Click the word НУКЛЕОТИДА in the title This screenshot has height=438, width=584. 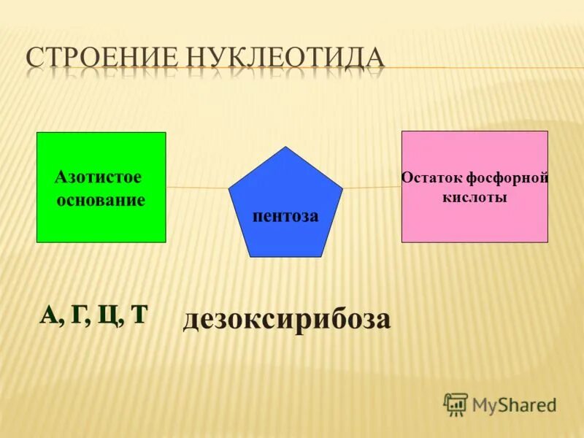click(x=288, y=58)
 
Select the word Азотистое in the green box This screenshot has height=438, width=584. click(x=98, y=177)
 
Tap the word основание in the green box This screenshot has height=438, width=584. click(x=101, y=199)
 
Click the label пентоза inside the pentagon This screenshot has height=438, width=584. click(x=285, y=216)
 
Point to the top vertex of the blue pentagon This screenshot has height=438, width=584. click(x=285, y=147)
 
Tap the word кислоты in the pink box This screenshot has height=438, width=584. click(x=474, y=197)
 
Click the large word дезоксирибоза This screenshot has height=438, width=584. click(x=286, y=319)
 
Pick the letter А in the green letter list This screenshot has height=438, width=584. click(x=49, y=315)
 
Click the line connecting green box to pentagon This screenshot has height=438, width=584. click(x=197, y=187)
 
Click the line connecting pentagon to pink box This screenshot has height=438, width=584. click(x=372, y=187)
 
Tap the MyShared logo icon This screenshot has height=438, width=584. click(x=456, y=404)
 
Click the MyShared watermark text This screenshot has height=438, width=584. click(x=514, y=404)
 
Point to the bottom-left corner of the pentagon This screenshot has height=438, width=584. click(x=250, y=256)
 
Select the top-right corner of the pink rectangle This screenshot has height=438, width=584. click(x=547, y=131)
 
